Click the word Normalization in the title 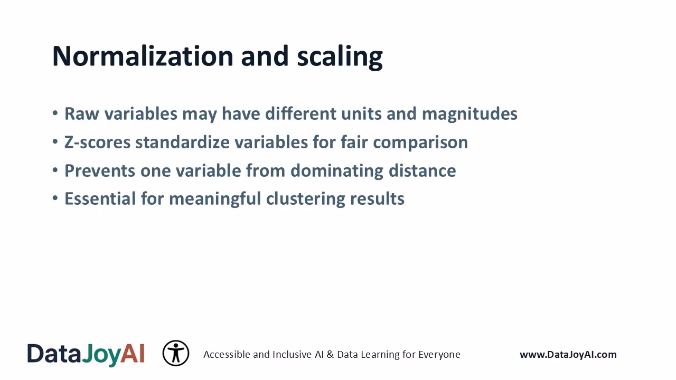tap(143, 56)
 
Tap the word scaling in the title tap(340, 57)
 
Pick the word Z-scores tap(98, 142)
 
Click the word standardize tap(184, 142)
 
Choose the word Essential tap(100, 199)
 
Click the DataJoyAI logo tap(86, 354)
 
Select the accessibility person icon tap(176, 354)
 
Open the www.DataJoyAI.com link tap(568, 355)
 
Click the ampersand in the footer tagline tap(330, 355)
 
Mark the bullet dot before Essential tap(55, 199)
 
